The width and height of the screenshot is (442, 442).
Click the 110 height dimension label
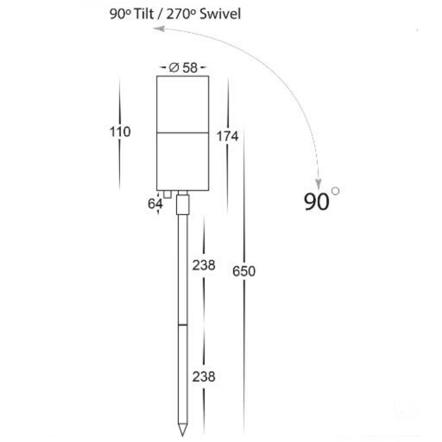120,132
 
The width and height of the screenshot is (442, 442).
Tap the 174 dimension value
227,137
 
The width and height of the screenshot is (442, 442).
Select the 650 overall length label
244,271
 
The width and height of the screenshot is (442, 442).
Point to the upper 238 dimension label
203,265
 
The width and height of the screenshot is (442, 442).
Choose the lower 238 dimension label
203,377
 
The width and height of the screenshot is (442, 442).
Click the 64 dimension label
155,204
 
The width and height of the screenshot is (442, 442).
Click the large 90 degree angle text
317,202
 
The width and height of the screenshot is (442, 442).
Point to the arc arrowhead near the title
159,29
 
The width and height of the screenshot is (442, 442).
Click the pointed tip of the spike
183,433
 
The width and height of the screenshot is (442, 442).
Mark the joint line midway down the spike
183,325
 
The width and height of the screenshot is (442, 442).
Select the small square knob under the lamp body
167,194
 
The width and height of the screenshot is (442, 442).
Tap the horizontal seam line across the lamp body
183,133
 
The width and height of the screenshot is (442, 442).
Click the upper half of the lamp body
183,104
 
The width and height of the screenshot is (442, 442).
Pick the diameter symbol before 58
174,68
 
